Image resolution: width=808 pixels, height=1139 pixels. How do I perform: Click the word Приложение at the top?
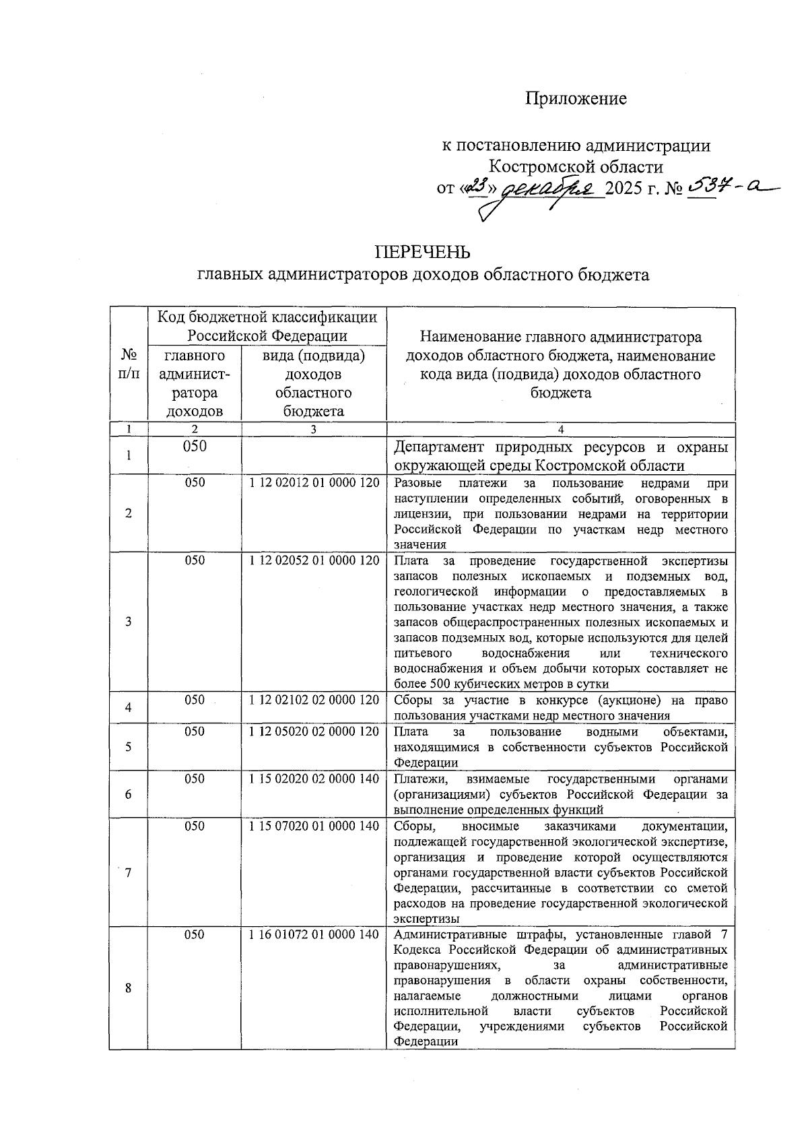coord(576,99)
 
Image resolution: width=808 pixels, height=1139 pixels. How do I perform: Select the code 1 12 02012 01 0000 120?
coord(314,483)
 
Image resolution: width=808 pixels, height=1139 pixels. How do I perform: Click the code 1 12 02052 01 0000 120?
coord(314,560)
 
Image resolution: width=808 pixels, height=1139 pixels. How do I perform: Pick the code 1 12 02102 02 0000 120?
coord(314,700)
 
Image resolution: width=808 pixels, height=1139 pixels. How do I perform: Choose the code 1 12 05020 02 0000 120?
coord(314,731)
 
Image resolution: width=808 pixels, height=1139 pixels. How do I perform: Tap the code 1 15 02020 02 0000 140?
coord(314,779)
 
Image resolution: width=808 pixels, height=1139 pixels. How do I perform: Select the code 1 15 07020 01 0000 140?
coord(314,826)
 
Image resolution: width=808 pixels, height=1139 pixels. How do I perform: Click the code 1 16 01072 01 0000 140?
coord(314,934)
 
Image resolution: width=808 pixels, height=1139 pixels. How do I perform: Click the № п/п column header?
coord(128,364)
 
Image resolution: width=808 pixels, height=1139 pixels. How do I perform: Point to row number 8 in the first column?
coord(128,988)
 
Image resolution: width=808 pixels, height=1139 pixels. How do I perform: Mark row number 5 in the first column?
coord(128,746)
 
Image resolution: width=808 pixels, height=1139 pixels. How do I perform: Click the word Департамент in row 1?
coord(441,447)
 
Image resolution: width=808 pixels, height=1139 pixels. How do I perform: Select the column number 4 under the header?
coord(561,429)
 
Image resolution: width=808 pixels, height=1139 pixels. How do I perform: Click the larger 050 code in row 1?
coord(194,447)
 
